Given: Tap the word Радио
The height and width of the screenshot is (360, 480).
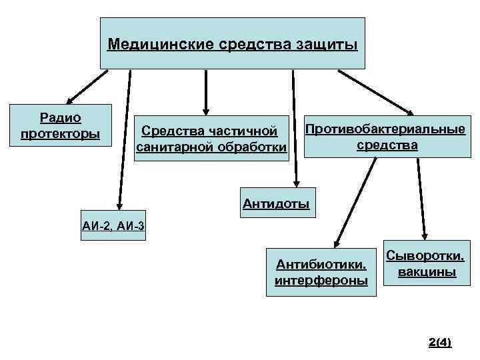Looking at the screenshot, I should click(61, 119).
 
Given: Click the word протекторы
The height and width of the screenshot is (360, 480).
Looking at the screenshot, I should click(61, 134).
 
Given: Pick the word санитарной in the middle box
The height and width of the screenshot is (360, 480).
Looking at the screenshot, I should click(174, 146).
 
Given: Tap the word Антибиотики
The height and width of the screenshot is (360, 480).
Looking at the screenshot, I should click(321, 266).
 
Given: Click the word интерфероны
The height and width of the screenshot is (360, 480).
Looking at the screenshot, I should click(321, 281).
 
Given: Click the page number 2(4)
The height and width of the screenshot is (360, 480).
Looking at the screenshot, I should click(440, 343).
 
